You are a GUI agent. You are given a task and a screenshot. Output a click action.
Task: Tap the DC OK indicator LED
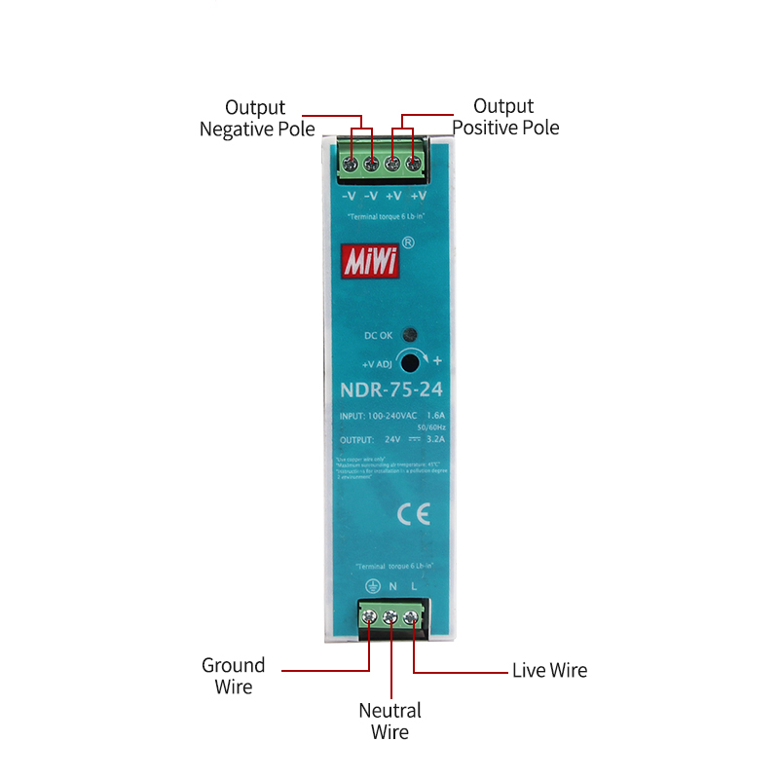point(411,334)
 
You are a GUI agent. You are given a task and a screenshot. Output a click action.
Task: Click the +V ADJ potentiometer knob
point(411,363)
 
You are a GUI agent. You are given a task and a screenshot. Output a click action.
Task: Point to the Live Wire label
point(549,670)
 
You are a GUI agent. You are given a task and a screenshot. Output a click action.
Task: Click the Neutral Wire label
point(389,722)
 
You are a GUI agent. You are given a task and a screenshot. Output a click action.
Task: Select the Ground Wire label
point(233,676)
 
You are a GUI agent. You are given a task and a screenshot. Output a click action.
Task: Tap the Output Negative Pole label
point(256,118)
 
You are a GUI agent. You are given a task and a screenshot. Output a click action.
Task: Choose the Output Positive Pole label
point(505,117)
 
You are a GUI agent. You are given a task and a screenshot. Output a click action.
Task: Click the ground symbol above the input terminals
point(371,587)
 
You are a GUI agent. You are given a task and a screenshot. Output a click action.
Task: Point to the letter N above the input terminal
point(392,587)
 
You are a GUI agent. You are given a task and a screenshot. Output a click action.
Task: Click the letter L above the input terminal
point(413,587)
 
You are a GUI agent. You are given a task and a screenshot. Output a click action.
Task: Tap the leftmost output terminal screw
point(350,166)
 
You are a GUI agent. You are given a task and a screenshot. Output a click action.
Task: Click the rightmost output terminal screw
point(414,166)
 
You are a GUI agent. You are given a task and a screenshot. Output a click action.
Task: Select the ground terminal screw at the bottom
point(369,616)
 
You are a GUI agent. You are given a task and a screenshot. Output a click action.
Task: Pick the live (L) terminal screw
point(412,616)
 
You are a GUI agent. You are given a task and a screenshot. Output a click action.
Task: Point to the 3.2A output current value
point(434,438)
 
